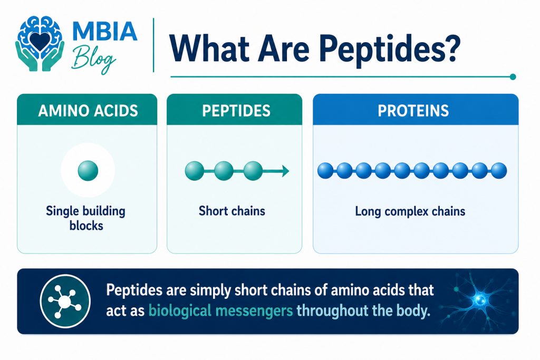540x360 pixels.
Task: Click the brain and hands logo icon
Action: tap(40, 43)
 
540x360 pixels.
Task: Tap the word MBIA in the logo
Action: tap(105, 32)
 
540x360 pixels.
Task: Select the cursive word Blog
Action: tap(94, 59)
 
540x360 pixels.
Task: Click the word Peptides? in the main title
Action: tap(390, 48)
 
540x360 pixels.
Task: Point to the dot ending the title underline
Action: tap(513, 77)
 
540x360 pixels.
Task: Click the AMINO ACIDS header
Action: tap(88, 111)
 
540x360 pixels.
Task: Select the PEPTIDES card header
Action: tap(236, 111)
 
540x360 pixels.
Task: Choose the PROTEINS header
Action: tap(413, 111)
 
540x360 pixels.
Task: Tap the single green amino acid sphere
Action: tap(88, 171)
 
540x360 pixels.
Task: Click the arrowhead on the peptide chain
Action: tap(285, 171)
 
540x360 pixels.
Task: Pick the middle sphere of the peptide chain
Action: tap(224, 171)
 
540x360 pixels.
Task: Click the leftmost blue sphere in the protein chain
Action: tap(325, 171)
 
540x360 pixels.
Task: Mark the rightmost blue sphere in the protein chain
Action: tap(499, 171)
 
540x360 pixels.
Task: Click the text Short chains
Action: tap(232, 211)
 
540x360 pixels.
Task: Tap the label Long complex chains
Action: tap(410, 211)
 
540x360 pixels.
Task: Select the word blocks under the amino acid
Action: tap(86, 226)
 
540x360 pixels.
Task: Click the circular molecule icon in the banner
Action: tap(65, 301)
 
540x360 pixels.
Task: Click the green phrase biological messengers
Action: tap(221, 311)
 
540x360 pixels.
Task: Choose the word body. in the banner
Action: tap(413, 311)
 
